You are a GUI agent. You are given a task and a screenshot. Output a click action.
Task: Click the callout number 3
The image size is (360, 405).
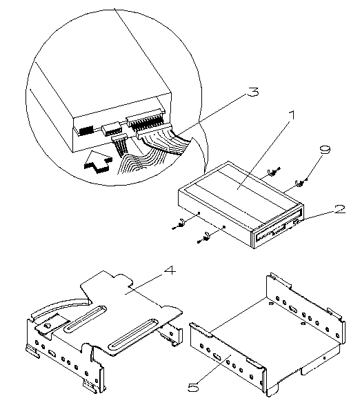point(252,92)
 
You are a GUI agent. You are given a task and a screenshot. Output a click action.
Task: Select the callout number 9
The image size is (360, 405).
point(325,150)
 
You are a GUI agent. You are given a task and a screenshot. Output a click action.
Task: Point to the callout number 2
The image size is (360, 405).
point(339,209)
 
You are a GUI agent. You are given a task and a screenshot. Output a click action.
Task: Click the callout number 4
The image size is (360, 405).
point(170,271)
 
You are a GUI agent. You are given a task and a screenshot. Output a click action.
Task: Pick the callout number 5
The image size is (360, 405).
point(193,387)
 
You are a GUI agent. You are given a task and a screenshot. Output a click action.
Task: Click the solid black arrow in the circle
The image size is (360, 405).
point(98,162)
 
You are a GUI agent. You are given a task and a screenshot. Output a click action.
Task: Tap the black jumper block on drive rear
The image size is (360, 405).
point(86,130)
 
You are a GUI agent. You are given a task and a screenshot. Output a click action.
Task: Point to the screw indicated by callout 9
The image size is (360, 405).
point(299,183)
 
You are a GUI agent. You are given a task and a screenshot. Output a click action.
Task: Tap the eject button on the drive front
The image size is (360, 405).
point(296,221)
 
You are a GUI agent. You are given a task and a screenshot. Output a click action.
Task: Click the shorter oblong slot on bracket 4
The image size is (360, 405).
point(85,319)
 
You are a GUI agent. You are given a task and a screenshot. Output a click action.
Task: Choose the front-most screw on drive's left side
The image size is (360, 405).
point(205,237)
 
